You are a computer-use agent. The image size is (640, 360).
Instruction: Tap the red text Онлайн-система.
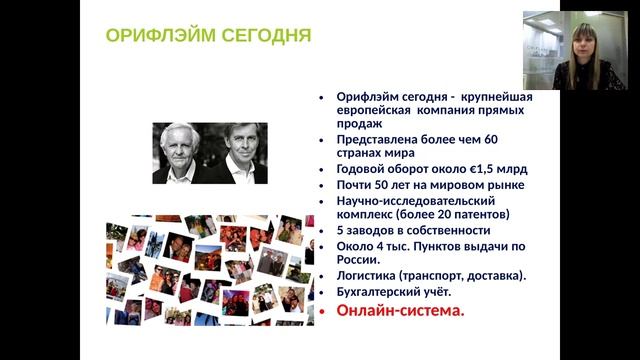pyautogui.click(x=400, y=311)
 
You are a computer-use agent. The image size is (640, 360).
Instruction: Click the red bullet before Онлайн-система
pyautogui.click(x=322, y=312)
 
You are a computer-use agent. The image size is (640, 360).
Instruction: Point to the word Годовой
pyautogui.click(x=363, y=169)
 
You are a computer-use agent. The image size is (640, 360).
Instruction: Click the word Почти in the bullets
pyautogui.click(x=356, y=185)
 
